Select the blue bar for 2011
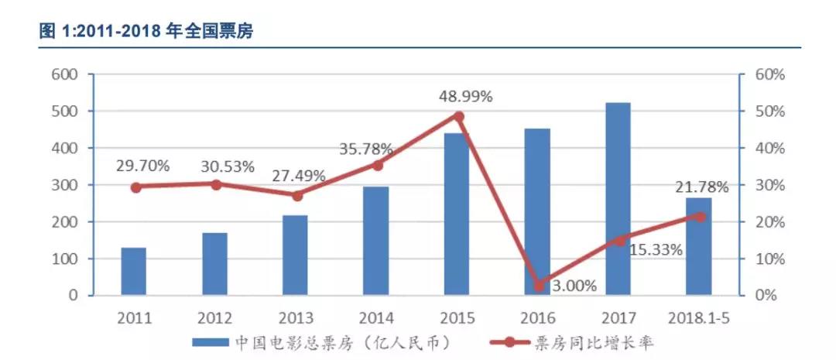pyautogui.click(x=133, y=272)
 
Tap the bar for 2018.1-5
pyautogui.click(x=698, y=248)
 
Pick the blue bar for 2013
pyautogui.click(x=295, y=255)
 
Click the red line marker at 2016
pyautogui.click(x=540, y=286)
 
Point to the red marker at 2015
pyautogui.click(x=458, y=117)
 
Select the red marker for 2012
pyautogui.click(x=216, y=184)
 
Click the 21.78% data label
pyautogui.click(x=701, y=187)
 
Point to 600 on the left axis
pyautogui.click(x=64, y=75)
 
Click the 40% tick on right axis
pyautogui.click(x=770, y=149)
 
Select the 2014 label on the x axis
pyautogui.click(x=375, y=317)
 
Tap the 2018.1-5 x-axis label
pyautogui.click(x=698, y=317)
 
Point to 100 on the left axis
pyautogui.click(x=64, y=259)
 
